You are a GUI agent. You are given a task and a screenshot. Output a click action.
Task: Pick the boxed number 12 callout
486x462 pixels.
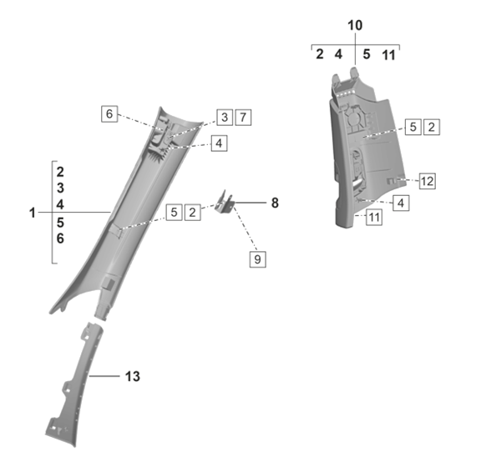[x=428, y=180]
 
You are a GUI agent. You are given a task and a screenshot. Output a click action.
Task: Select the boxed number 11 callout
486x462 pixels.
[x=374, y=217]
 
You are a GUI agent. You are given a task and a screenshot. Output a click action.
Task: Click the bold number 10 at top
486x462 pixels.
[x=355, y=25]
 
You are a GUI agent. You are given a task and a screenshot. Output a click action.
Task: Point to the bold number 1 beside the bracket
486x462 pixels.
[x=32, y=213]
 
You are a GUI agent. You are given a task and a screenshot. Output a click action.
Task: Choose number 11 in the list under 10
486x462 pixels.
[x=388, y=55]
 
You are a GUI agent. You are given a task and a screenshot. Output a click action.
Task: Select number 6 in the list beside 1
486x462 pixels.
[x=60, y=239]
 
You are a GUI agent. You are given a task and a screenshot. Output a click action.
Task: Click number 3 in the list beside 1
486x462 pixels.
[x=60, y=188]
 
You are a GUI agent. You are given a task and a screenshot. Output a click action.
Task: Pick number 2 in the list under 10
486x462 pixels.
[x=320, y=55]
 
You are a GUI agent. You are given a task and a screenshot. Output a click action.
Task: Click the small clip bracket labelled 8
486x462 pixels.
[x=224, y=201]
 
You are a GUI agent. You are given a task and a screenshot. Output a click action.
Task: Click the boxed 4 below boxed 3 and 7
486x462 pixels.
[x=218, y=143]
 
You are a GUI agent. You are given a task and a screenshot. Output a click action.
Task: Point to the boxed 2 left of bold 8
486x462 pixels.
[x=192, y=212]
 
